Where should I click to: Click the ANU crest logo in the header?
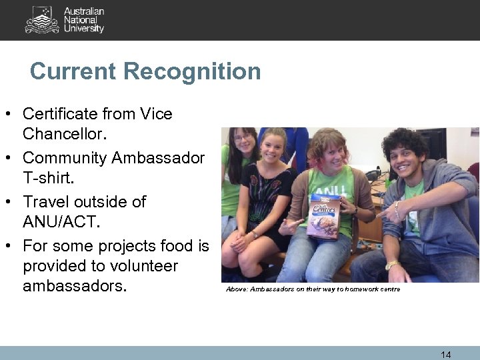pos(42,20)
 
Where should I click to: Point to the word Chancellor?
pos(64,135)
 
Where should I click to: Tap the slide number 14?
pos(446,355)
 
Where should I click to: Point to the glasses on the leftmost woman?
pos(242,138)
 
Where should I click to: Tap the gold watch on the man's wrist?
pos(393,265)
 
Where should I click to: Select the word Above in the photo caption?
pos(236,289)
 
